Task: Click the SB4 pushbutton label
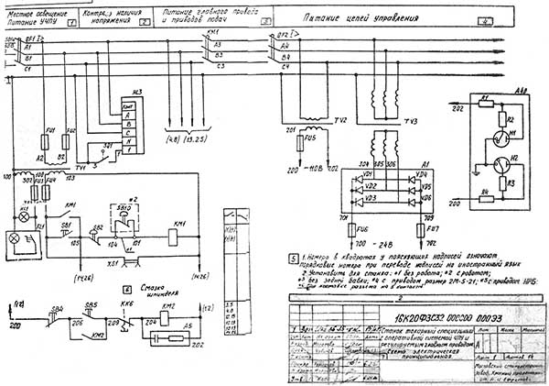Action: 58,305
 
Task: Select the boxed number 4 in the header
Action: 534,18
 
